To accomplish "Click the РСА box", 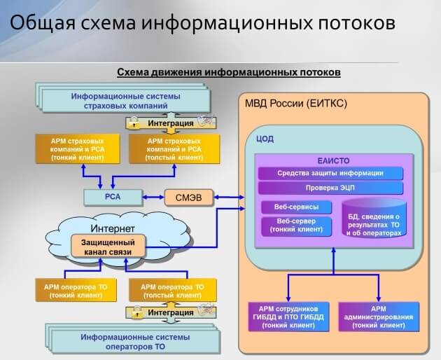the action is point(113,197).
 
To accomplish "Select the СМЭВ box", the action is point(189,198).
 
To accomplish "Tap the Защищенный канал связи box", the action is point(108,247).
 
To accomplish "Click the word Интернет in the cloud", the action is point(113,228).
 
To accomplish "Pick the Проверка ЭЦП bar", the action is point(330,188).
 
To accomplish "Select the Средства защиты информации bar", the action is point(330,173).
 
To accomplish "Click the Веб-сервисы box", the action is point(296,207).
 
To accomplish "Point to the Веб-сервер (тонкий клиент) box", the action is point(296,226).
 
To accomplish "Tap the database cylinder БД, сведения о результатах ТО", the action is point(374,219).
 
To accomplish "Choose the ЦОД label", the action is point(265,139).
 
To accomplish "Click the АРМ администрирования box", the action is point(379,317).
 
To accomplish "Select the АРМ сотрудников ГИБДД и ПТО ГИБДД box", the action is point(288,317).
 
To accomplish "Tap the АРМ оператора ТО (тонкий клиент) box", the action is point(76,291).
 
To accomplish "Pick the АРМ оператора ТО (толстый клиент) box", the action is point(173,291).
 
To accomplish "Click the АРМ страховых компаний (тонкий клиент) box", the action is point(78,149).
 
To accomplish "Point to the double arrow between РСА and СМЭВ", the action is point(153,198).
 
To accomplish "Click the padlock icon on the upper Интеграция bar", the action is point(134,123).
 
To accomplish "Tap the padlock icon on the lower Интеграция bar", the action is point(136,312).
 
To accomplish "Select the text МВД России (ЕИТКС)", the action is point(296,104).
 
